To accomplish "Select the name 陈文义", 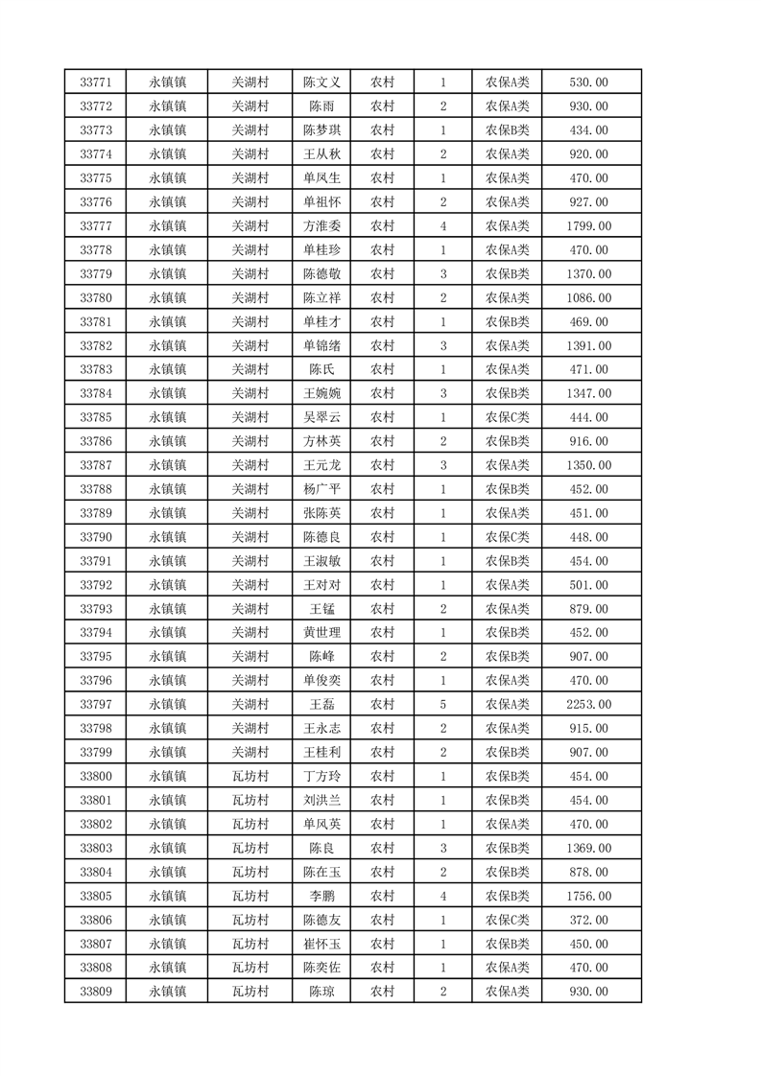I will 321,82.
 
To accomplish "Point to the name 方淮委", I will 321,226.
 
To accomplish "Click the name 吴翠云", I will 321,417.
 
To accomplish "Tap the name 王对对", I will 321,585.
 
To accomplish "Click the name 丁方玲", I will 321,777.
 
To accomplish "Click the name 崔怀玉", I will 321,944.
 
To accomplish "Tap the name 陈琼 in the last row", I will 321,992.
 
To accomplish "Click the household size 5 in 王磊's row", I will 442,705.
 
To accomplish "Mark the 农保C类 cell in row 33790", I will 507,537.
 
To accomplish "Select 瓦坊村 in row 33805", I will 250,896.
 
